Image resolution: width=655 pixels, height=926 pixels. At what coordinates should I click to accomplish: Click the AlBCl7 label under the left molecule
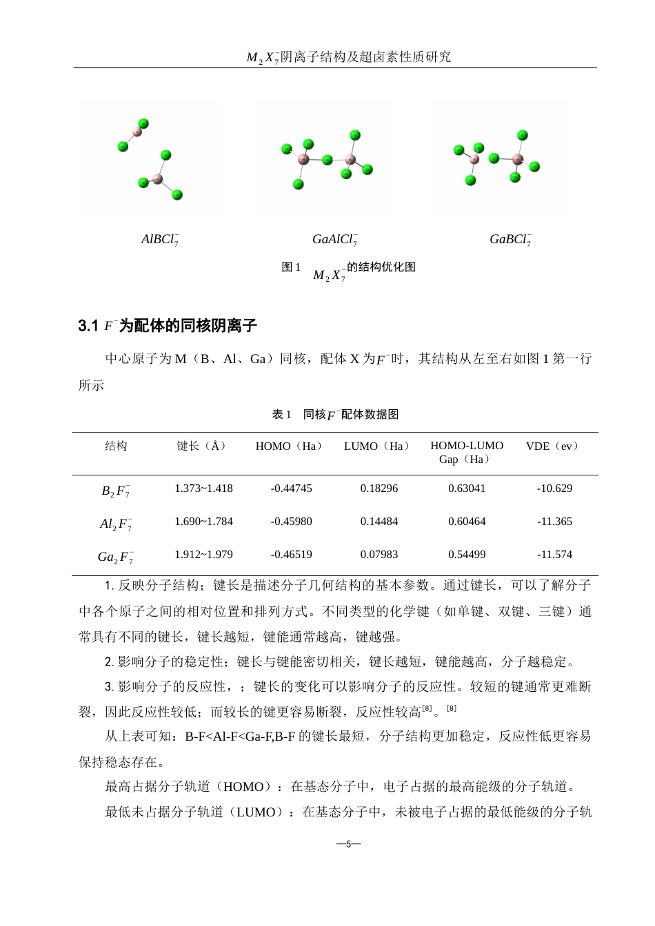pos(160,240)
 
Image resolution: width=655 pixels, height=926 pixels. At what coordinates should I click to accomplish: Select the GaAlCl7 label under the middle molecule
pos(334,240)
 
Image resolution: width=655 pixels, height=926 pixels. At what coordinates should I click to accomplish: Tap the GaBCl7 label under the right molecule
pos(510,240)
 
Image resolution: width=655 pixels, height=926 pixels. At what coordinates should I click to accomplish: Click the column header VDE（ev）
pos(553,446)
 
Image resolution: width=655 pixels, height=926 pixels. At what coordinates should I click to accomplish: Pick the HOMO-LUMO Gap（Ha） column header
pos(467,453)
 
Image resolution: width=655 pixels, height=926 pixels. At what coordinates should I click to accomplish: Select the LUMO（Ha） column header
pos(377,446)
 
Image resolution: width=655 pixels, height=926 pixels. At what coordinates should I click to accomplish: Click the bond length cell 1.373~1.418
pos(203,488)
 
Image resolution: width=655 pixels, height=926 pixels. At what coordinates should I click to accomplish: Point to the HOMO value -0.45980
pos(291,522)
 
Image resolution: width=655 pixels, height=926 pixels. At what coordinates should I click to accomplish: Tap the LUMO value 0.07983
pos(379,555)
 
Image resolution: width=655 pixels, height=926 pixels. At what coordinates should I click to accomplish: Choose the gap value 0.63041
pos(467,488)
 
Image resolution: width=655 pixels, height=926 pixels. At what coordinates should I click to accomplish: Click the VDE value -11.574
pos(554,555)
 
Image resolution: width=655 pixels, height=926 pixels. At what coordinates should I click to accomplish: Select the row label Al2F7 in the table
pos(116,524)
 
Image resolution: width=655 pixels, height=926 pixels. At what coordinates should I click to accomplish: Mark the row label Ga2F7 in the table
pos(116,557)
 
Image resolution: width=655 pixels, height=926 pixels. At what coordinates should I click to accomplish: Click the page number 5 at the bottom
pos(348,844)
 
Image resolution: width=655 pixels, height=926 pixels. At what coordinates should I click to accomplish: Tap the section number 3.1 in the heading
pos(88,326)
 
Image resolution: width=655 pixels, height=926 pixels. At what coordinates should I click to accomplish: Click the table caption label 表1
pos(283,415)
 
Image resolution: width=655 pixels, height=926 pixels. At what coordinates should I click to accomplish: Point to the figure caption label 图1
pos(291,268)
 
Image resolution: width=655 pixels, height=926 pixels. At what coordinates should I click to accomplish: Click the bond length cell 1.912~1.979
pos(203,555)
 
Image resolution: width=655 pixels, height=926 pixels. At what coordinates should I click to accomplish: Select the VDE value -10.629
pos(554,488)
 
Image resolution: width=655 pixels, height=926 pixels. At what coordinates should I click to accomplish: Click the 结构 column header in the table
pos(116,446)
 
